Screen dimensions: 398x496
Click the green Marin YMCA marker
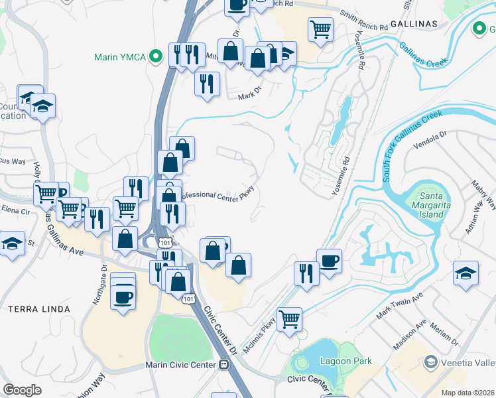pyautogui.click(x=156, y=56)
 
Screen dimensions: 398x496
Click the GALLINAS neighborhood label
pyautogui.click(x=414, y=23)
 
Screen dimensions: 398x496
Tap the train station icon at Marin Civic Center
pyautogui.click(x=224, y=365)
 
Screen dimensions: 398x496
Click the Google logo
pyautogui.click(x=22, y=390)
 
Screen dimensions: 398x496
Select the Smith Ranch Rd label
pyautogui.click(x=363, y=21)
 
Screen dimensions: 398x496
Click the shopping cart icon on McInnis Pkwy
pyautogui.click(x=289, y=319)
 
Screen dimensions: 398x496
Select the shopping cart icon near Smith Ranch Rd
pyautogui.click(x=320, y=29)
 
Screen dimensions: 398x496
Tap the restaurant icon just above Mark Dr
pyautogui.click(x=207, y=84)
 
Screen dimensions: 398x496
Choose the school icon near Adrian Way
pyautogui.click(x=465, y=272)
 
